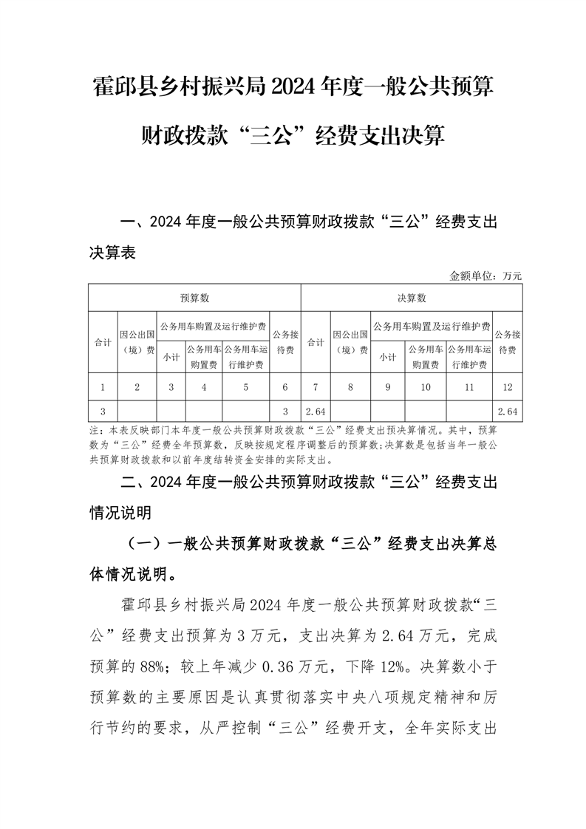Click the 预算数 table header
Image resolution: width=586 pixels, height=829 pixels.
(195, 298)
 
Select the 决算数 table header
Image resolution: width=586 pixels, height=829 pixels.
(412, 298)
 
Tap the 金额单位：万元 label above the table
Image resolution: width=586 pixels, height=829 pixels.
(486, 276)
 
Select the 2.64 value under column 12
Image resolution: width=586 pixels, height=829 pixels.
(508, 410)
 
